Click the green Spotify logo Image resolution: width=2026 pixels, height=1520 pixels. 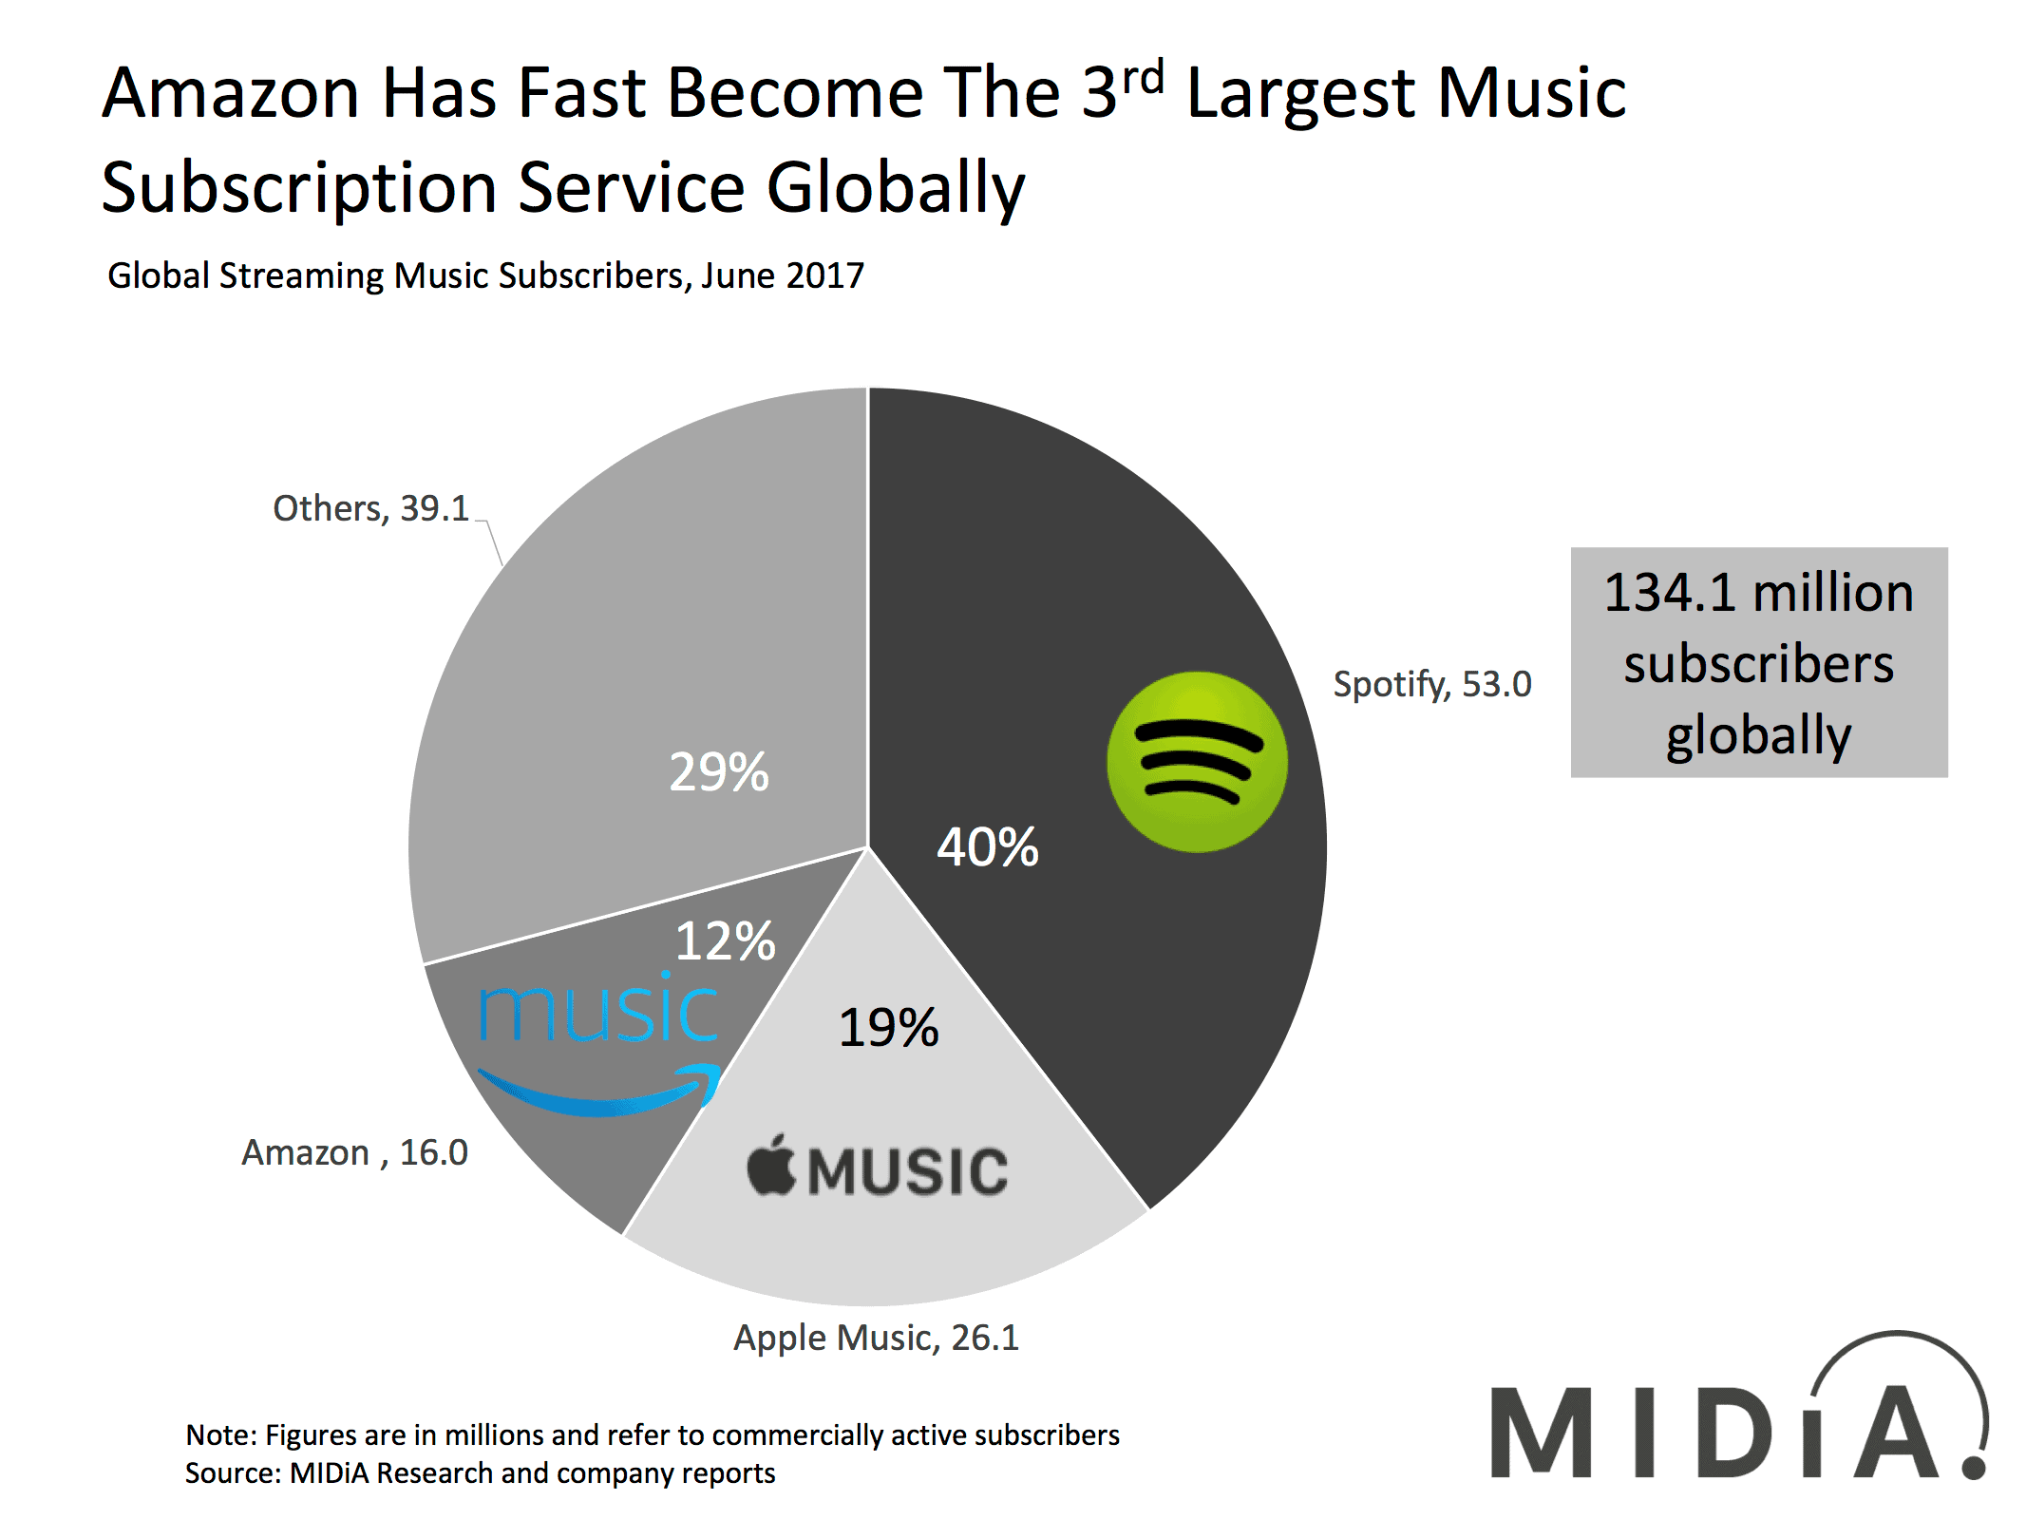1196,761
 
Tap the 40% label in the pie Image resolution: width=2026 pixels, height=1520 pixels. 987,846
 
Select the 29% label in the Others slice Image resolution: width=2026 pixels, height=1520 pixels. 718,771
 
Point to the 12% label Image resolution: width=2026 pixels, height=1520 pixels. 725,941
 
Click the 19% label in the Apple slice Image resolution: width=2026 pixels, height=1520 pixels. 888,1028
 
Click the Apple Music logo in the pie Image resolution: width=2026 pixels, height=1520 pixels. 878,1168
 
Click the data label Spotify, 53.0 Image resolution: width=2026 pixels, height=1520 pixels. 1431,684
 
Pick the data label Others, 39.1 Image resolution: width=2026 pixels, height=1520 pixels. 370,508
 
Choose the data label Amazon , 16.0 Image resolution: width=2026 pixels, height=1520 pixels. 354,1152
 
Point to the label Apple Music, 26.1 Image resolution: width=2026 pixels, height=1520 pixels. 876,1338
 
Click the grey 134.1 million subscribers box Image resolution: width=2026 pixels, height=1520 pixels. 1758,662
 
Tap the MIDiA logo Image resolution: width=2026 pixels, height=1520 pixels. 1738,1415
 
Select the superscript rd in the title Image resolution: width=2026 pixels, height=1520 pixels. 1144,77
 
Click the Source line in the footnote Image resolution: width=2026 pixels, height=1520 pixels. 480,1473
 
